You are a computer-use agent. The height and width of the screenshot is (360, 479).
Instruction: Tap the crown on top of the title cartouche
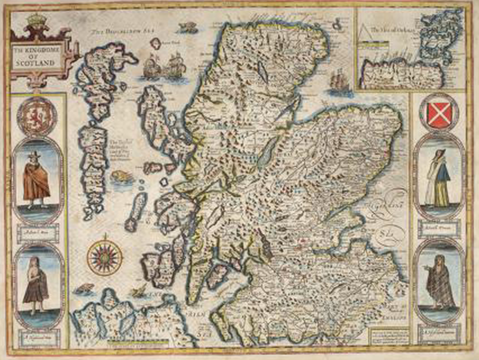point(35,19)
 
